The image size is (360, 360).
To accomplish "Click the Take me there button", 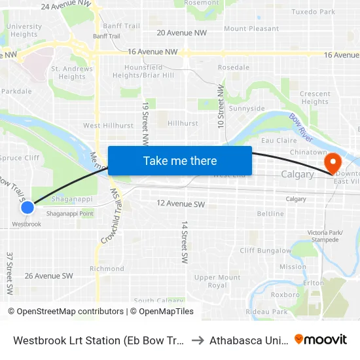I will [180, 160].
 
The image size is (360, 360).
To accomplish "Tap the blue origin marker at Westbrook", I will [27, 207].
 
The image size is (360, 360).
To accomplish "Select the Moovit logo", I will [321, 339].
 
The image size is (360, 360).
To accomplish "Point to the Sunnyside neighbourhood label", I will [247, 109].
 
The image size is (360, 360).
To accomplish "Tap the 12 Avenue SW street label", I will [181, 204].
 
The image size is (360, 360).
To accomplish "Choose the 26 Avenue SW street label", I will [48, 276].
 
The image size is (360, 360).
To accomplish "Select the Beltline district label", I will [270, 214].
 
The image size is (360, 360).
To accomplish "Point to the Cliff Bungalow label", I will [265, 251].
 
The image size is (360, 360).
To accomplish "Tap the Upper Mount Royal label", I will [217, 281].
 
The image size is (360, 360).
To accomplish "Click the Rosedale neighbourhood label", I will [234, 67].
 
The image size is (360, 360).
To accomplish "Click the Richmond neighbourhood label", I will [107, 269].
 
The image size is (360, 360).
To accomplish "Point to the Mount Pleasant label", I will [251, 29].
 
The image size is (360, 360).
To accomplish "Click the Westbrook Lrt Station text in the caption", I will [98, 340].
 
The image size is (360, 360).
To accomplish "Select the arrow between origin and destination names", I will [197, 340].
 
